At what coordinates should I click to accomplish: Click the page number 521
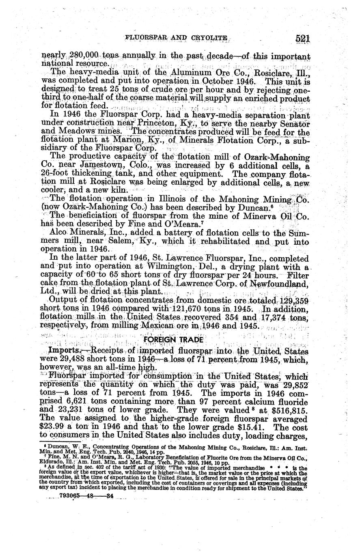click(303, 39)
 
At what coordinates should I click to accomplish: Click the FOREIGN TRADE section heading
click(175, 339)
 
